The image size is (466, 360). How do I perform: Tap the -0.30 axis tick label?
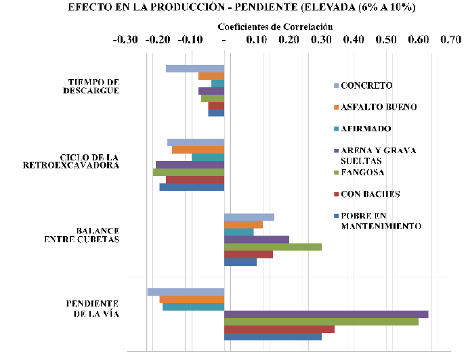click(x=127, y=40)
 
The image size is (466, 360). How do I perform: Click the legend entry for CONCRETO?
click(x=366, y=85)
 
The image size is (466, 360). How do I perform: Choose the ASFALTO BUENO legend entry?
click(x=378, y=107)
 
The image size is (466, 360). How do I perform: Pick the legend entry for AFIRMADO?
click(x=366, y=129)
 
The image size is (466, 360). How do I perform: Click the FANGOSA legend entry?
click(x=364, y=172)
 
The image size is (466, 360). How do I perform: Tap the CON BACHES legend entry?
click(x=370, y=194)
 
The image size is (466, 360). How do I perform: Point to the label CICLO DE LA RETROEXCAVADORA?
click(x=71, y=161)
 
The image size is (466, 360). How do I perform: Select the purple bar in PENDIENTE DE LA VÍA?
click(x=326, y=314)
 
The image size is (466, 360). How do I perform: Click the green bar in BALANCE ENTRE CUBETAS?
click(x=272, y=247)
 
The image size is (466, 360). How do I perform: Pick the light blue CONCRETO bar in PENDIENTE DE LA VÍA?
click(x=186, y=292)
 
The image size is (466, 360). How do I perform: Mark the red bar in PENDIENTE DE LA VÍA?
click(x=279, y=329)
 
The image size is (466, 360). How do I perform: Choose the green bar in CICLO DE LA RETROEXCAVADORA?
click(x=188, y=172)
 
